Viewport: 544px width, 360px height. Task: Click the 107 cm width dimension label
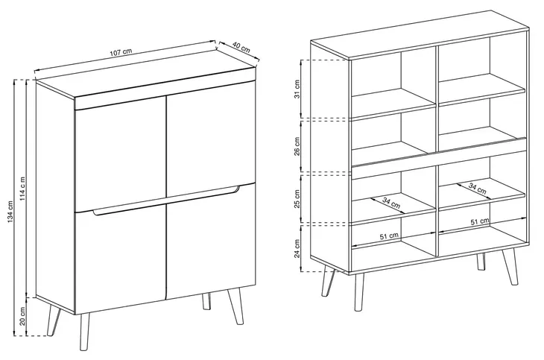(x=121, y=52)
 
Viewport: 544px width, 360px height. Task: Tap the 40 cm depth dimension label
(x=241, y=47)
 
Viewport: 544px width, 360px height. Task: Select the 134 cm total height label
(x=10, y=212)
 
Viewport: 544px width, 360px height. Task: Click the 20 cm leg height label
(x=22, y=316)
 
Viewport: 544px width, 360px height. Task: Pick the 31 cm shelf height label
(x=297, y=89)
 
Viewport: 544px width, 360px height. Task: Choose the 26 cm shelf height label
(x=297, y=147)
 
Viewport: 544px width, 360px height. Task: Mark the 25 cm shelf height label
(x=297, y=199)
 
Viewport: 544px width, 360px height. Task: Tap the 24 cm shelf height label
(x=297, y=248)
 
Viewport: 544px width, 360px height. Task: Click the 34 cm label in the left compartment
(x=391, y=203)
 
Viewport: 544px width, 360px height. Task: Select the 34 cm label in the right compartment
(x=478, y=189)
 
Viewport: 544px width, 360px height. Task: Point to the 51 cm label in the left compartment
(x=389, y=236)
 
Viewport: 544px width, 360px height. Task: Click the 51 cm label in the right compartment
(x=480, y=221)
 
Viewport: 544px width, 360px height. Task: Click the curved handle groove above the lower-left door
(x=166, y=201)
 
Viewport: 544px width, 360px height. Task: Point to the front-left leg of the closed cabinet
(x=84, y=332)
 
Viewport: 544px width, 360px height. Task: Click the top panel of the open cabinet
(x=420, y=34)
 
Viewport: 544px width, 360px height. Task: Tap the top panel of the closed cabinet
(x=146, y=82)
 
